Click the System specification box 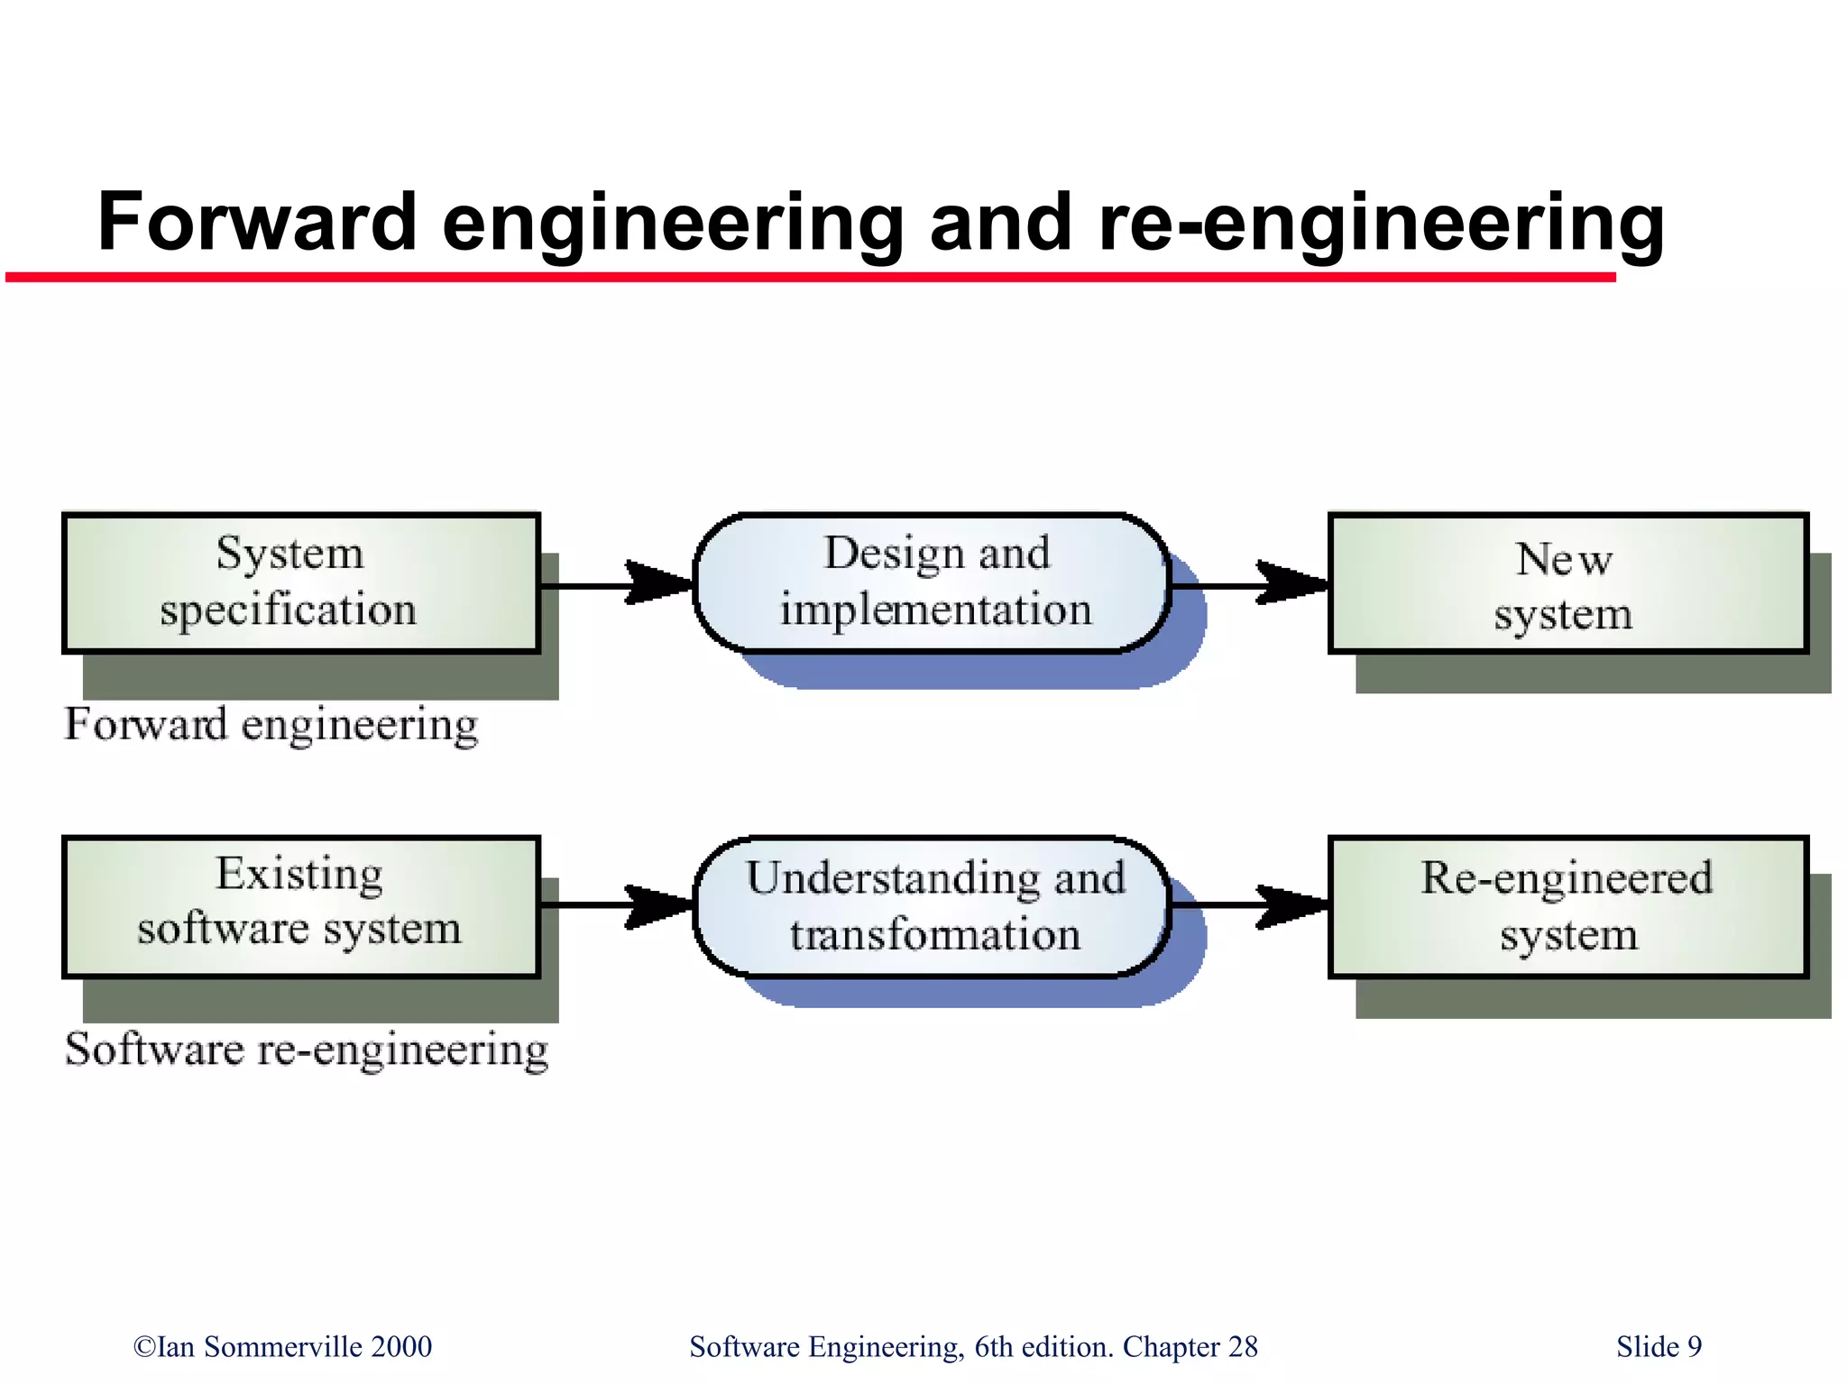(x=301, y=582)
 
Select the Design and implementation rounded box (x=933, y=582)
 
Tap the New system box (x=1567, y=583)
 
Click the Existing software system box (x=301, y=905)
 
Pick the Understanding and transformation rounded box (x=933, y=905)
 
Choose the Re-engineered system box (x=1567, y=905)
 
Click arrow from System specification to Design (x=617, y=584)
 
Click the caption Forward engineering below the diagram (x=271, y=725)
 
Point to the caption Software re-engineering (x=307, y=1050)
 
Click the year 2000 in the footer (x=401, y=1346)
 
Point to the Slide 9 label (x=1659, y=1346)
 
